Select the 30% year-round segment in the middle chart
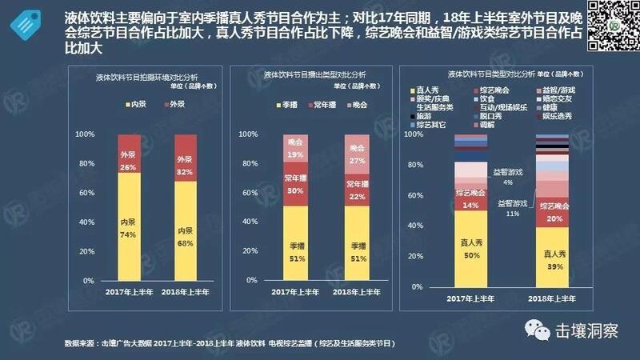tap(296, 186)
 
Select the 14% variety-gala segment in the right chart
tap(471, 199)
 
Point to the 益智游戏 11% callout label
tap(511, 209)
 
